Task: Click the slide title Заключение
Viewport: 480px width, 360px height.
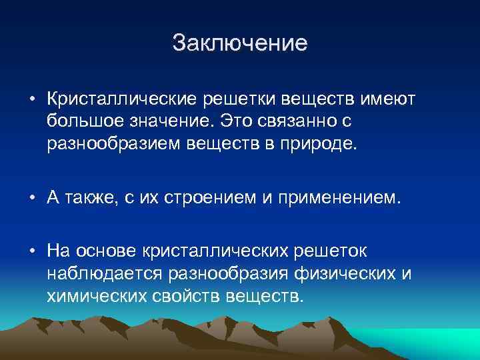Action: (240, 43)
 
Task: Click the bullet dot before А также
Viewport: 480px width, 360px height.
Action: (31, 198)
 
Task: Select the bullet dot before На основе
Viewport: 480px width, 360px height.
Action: (31, 251)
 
